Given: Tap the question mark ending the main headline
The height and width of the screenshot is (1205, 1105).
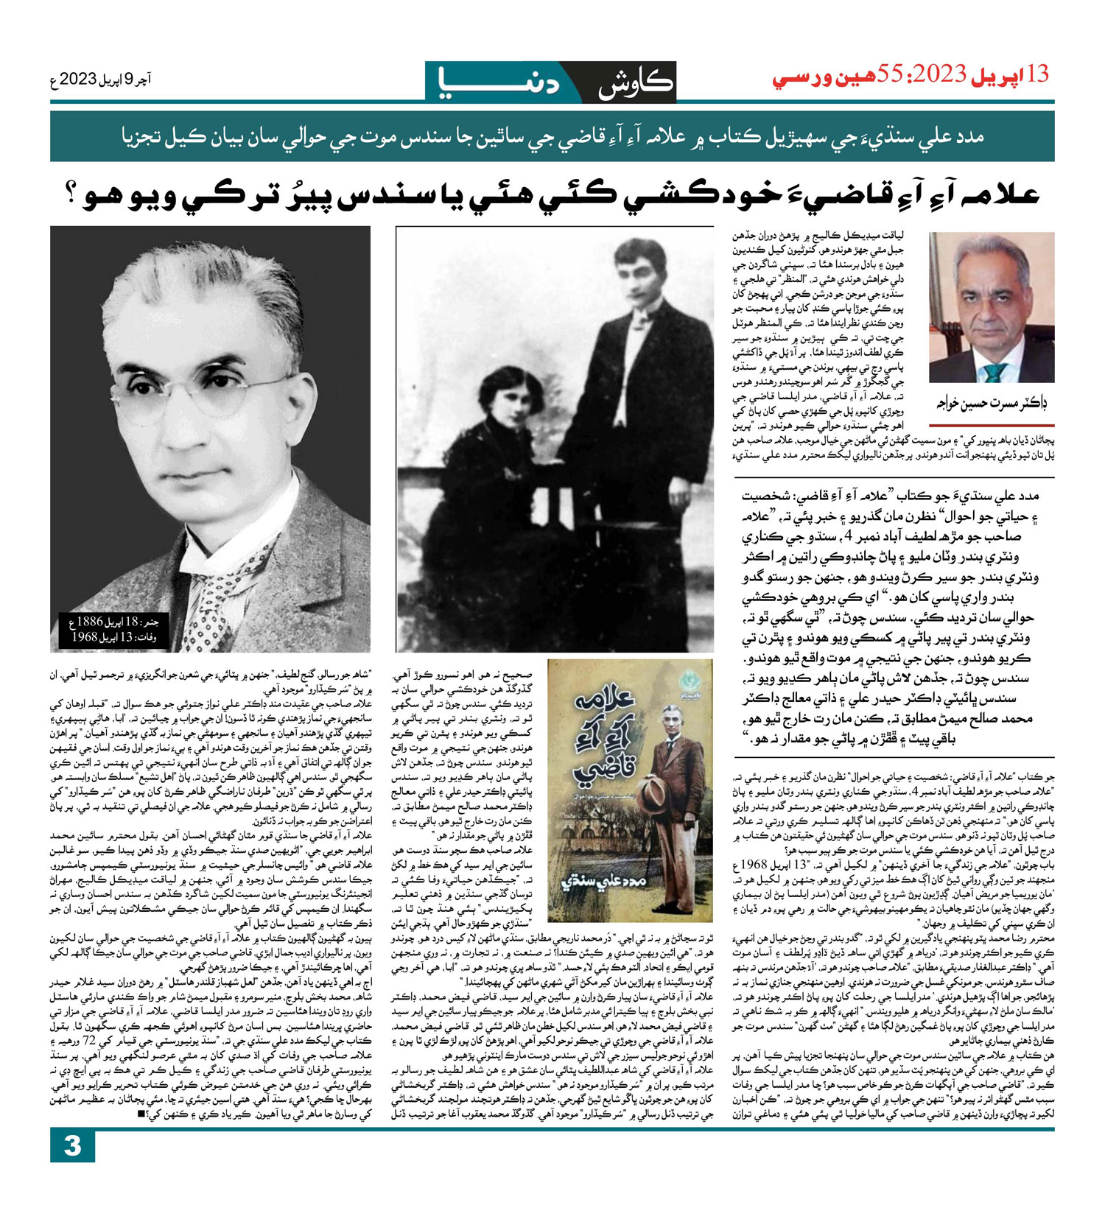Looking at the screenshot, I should tap(74, 195).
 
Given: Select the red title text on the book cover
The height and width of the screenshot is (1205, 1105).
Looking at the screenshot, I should tap(603, 737).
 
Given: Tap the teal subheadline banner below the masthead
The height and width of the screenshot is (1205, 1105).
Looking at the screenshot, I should tap(552, 137).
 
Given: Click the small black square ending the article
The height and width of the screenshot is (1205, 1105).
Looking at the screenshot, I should tap(141, 1114).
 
